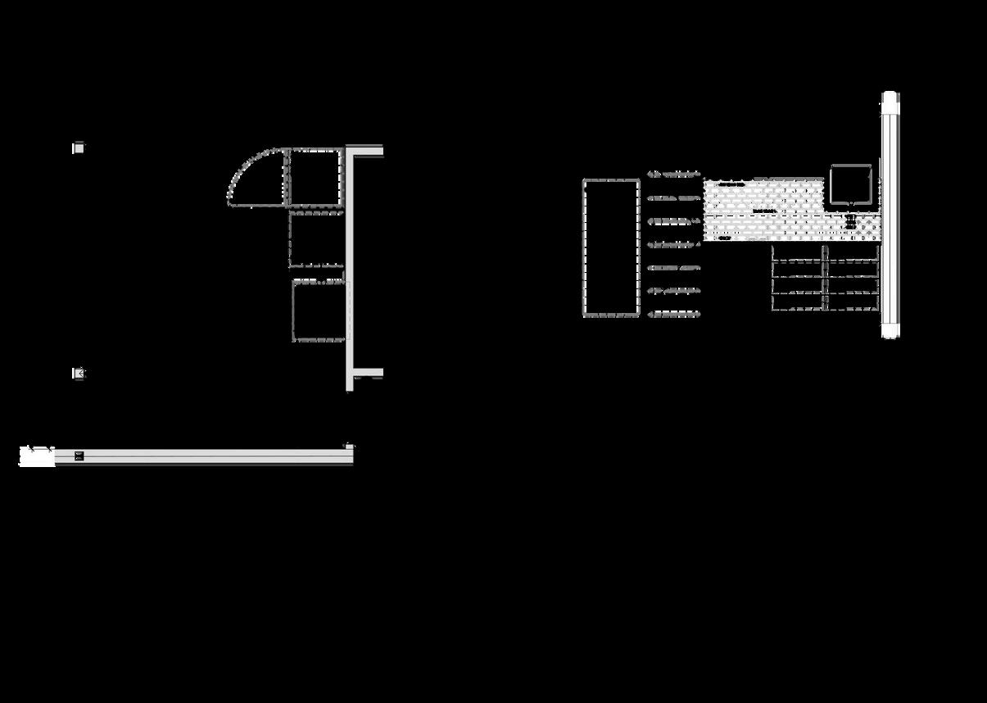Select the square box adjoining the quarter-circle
[x=315, y=177]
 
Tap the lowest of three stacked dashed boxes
[x=319, y=311]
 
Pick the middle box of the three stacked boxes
[x=316, y=239]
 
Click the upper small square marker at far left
[x=79, y=147]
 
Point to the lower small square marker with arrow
[x=79, y=374]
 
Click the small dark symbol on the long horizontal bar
[x=79, y=456]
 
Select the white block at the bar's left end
[x=37, y=456]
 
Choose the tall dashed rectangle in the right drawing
[x=611, y=247]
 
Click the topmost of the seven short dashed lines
[x=674, y=175]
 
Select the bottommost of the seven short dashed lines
[x=674, y=314]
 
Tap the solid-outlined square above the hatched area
[x=850, y=184]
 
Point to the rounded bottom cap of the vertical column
[x=890, y=330]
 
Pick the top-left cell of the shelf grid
[x=798, y=253]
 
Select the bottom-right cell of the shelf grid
[x=853, y=302]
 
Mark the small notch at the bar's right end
[x=348, y=447]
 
